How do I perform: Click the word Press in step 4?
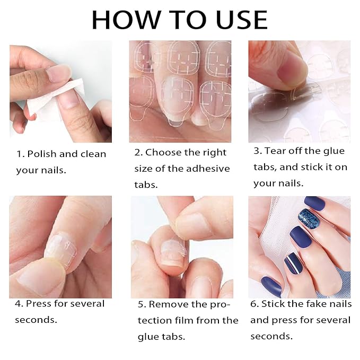[38, 304]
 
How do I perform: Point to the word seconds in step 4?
[36, 320]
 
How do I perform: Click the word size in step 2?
[144, 169]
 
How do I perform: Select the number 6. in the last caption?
[254, 304]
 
